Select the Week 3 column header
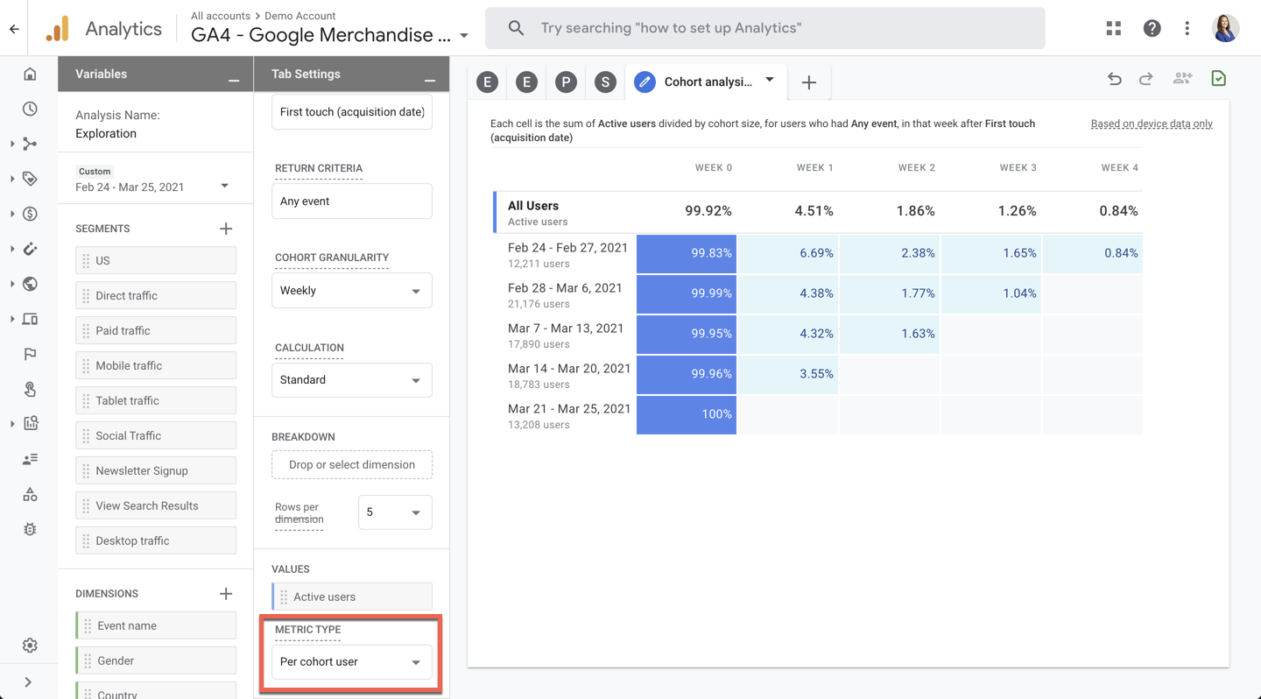point(1018,167)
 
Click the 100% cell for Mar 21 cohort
point(687,414)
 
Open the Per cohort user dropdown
point(351,662)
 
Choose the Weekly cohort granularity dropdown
point(351,291)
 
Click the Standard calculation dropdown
point(351,380)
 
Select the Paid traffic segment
point(156,330)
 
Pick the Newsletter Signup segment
point(156,470)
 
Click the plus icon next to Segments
point(226,229)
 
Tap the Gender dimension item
point(156,660)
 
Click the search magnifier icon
point(516,28)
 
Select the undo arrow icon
point(1114,79)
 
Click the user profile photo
point(1225,28)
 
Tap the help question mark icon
point(1152,28)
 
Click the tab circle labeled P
point(566,82)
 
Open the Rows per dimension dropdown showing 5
point(394,512)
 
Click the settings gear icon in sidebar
point(30,646)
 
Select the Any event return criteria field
point(351,201)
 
